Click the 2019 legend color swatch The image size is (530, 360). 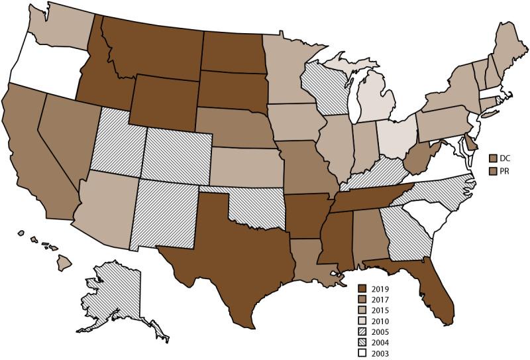pyautogui.click(x=362, y=288)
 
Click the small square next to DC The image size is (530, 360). pyautogui.click(x=493, y=158)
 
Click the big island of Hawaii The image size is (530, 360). pyautogui.click(x=64, y=263)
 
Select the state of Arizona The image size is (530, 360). pyautogui.click(x=106, y=206)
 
